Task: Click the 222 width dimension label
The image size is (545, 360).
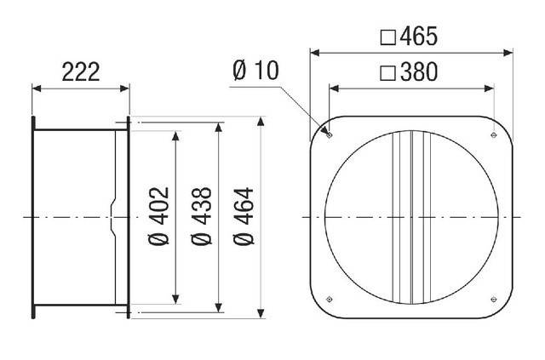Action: [81, 71]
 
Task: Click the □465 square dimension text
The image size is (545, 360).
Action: [408, 37]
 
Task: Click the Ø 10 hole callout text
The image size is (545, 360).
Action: [255, 72]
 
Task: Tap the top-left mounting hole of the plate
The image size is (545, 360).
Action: [329, 133]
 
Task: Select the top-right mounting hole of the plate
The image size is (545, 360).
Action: [495, 133]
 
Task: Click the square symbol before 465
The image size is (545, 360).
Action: [387, 37]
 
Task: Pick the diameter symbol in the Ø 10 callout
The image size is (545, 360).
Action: [239, 72]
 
